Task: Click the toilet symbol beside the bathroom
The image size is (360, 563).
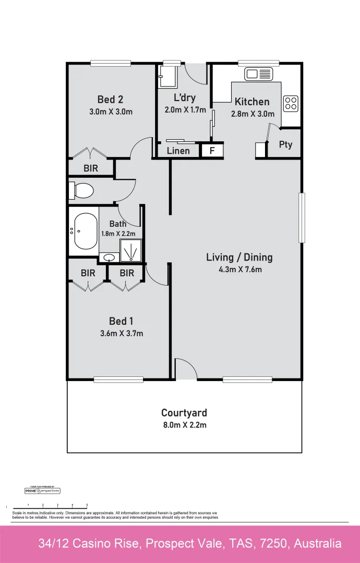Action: [81, 190]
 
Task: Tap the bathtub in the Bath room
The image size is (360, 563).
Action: [85, 231]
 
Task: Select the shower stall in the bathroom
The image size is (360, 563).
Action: [130, 250]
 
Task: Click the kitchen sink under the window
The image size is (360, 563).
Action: [258, 74]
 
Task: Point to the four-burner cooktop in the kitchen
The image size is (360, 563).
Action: [291, 103]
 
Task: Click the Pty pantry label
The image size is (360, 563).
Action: [285, 145]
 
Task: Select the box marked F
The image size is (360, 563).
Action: [212, 151]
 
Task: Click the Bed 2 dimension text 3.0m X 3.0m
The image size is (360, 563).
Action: [110, 112]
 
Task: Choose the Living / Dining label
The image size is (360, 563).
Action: [239, 257]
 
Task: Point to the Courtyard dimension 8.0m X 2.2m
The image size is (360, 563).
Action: [184, 425]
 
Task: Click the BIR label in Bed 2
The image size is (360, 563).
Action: [90, 168]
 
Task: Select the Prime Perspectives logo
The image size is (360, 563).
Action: [43, 491]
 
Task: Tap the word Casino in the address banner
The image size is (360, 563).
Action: [122, 544]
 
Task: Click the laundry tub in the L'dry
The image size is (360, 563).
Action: [167, 77]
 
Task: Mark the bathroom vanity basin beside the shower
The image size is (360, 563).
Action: [110, 257]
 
